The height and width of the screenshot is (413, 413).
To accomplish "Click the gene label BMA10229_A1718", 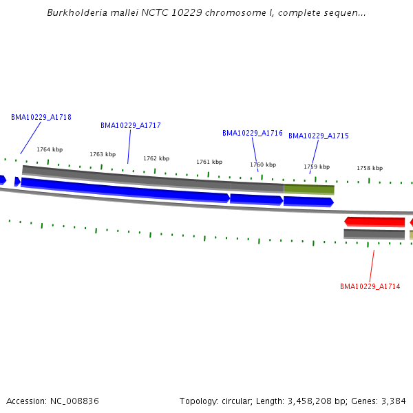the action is tap(41, 117).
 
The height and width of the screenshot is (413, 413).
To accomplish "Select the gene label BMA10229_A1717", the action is tap(131, 125).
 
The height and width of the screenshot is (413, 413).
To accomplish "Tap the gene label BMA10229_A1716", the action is tap(253, 133).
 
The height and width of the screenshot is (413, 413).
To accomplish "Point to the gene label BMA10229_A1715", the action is tap(319, 136).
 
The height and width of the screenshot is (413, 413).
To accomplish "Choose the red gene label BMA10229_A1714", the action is tap(370, 286).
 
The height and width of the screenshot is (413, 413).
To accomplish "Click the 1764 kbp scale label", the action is tap(50, 149).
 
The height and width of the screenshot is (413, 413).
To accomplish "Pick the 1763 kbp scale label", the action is tap(103, 154).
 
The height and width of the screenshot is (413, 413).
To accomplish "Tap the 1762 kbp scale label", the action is tap(156, 158).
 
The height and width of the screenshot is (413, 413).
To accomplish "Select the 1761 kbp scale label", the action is tap(209, 162).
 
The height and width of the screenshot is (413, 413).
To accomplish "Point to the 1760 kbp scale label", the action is tap(263, 165).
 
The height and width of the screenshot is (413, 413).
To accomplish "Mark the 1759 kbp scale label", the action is tap(317, 167).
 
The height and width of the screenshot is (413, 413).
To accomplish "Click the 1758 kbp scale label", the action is tap(370, 168).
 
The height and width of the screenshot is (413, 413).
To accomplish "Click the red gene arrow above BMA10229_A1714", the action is tap(374, 222).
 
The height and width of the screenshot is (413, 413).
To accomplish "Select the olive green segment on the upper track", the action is tap(309, 189).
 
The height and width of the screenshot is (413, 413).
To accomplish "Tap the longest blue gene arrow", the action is tap(124, 189).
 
